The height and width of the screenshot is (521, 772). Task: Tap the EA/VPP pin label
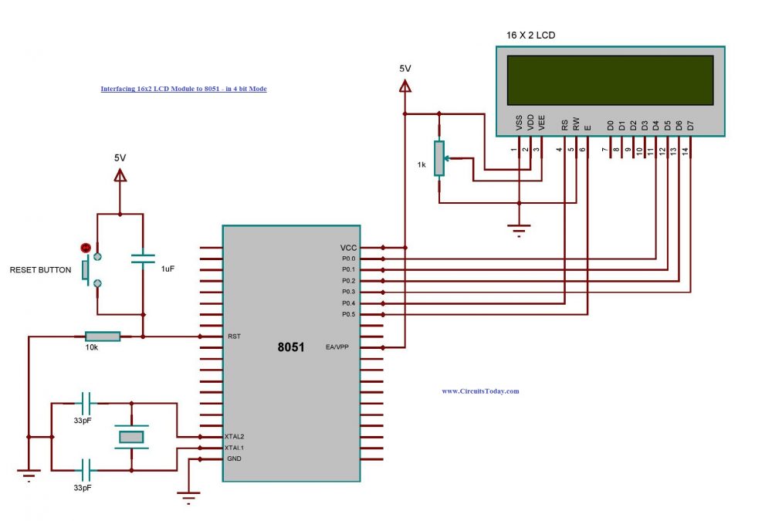tap(337, 347)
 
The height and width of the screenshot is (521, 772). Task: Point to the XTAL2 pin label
tap(235, 437)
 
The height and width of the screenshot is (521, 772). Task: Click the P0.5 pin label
tap(348, 314)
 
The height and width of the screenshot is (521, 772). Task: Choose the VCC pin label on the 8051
tap(348, 247)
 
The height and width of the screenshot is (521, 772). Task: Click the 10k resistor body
tap(103, 337)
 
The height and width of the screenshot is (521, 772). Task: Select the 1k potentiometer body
tap(438, 158)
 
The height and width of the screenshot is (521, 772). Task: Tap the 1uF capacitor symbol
tap(143, 258)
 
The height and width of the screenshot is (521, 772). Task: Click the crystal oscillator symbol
tap(130, 437)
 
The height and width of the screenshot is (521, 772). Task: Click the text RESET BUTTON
tap(40, 270)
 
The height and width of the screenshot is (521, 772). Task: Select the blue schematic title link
tap(184, 89)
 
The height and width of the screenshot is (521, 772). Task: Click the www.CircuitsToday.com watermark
tap(480, 391)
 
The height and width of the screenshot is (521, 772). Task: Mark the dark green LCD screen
tap(610, 80)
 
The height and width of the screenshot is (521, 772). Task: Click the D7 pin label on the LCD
tap(690, 123)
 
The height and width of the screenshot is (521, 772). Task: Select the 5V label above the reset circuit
tap(120, 157)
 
